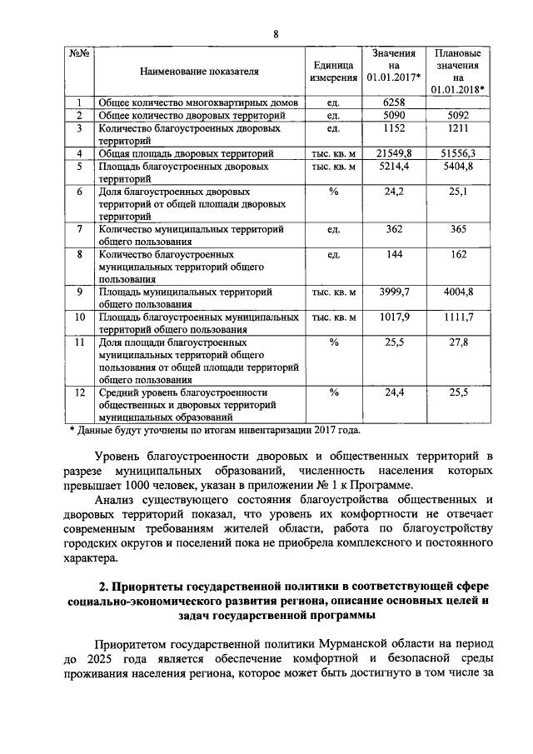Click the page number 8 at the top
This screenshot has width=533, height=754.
pyautogui.click(x=276, y=33)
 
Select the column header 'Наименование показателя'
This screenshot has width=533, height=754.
pyautogui.click(x=199, y=72)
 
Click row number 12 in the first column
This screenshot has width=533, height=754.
pyautogui.click(x=80, y=392)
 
